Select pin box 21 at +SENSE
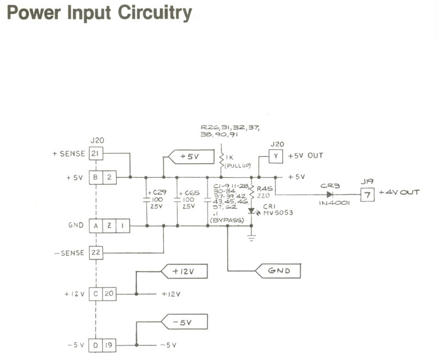(x=96, y=154)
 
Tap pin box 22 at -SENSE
(x=96, y=253)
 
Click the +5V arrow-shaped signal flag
(x=188, y=157)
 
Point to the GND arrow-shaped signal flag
(x=278, y=271)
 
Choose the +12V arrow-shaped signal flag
(x=184, y=271)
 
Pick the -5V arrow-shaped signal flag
(x=184, y=322)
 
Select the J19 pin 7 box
(x=367, y=194)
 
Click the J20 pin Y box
(x=275, y=156)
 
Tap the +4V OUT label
(x=399, y=193)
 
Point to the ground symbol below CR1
(x=251, y=238)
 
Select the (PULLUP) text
(x=237, y=167)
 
